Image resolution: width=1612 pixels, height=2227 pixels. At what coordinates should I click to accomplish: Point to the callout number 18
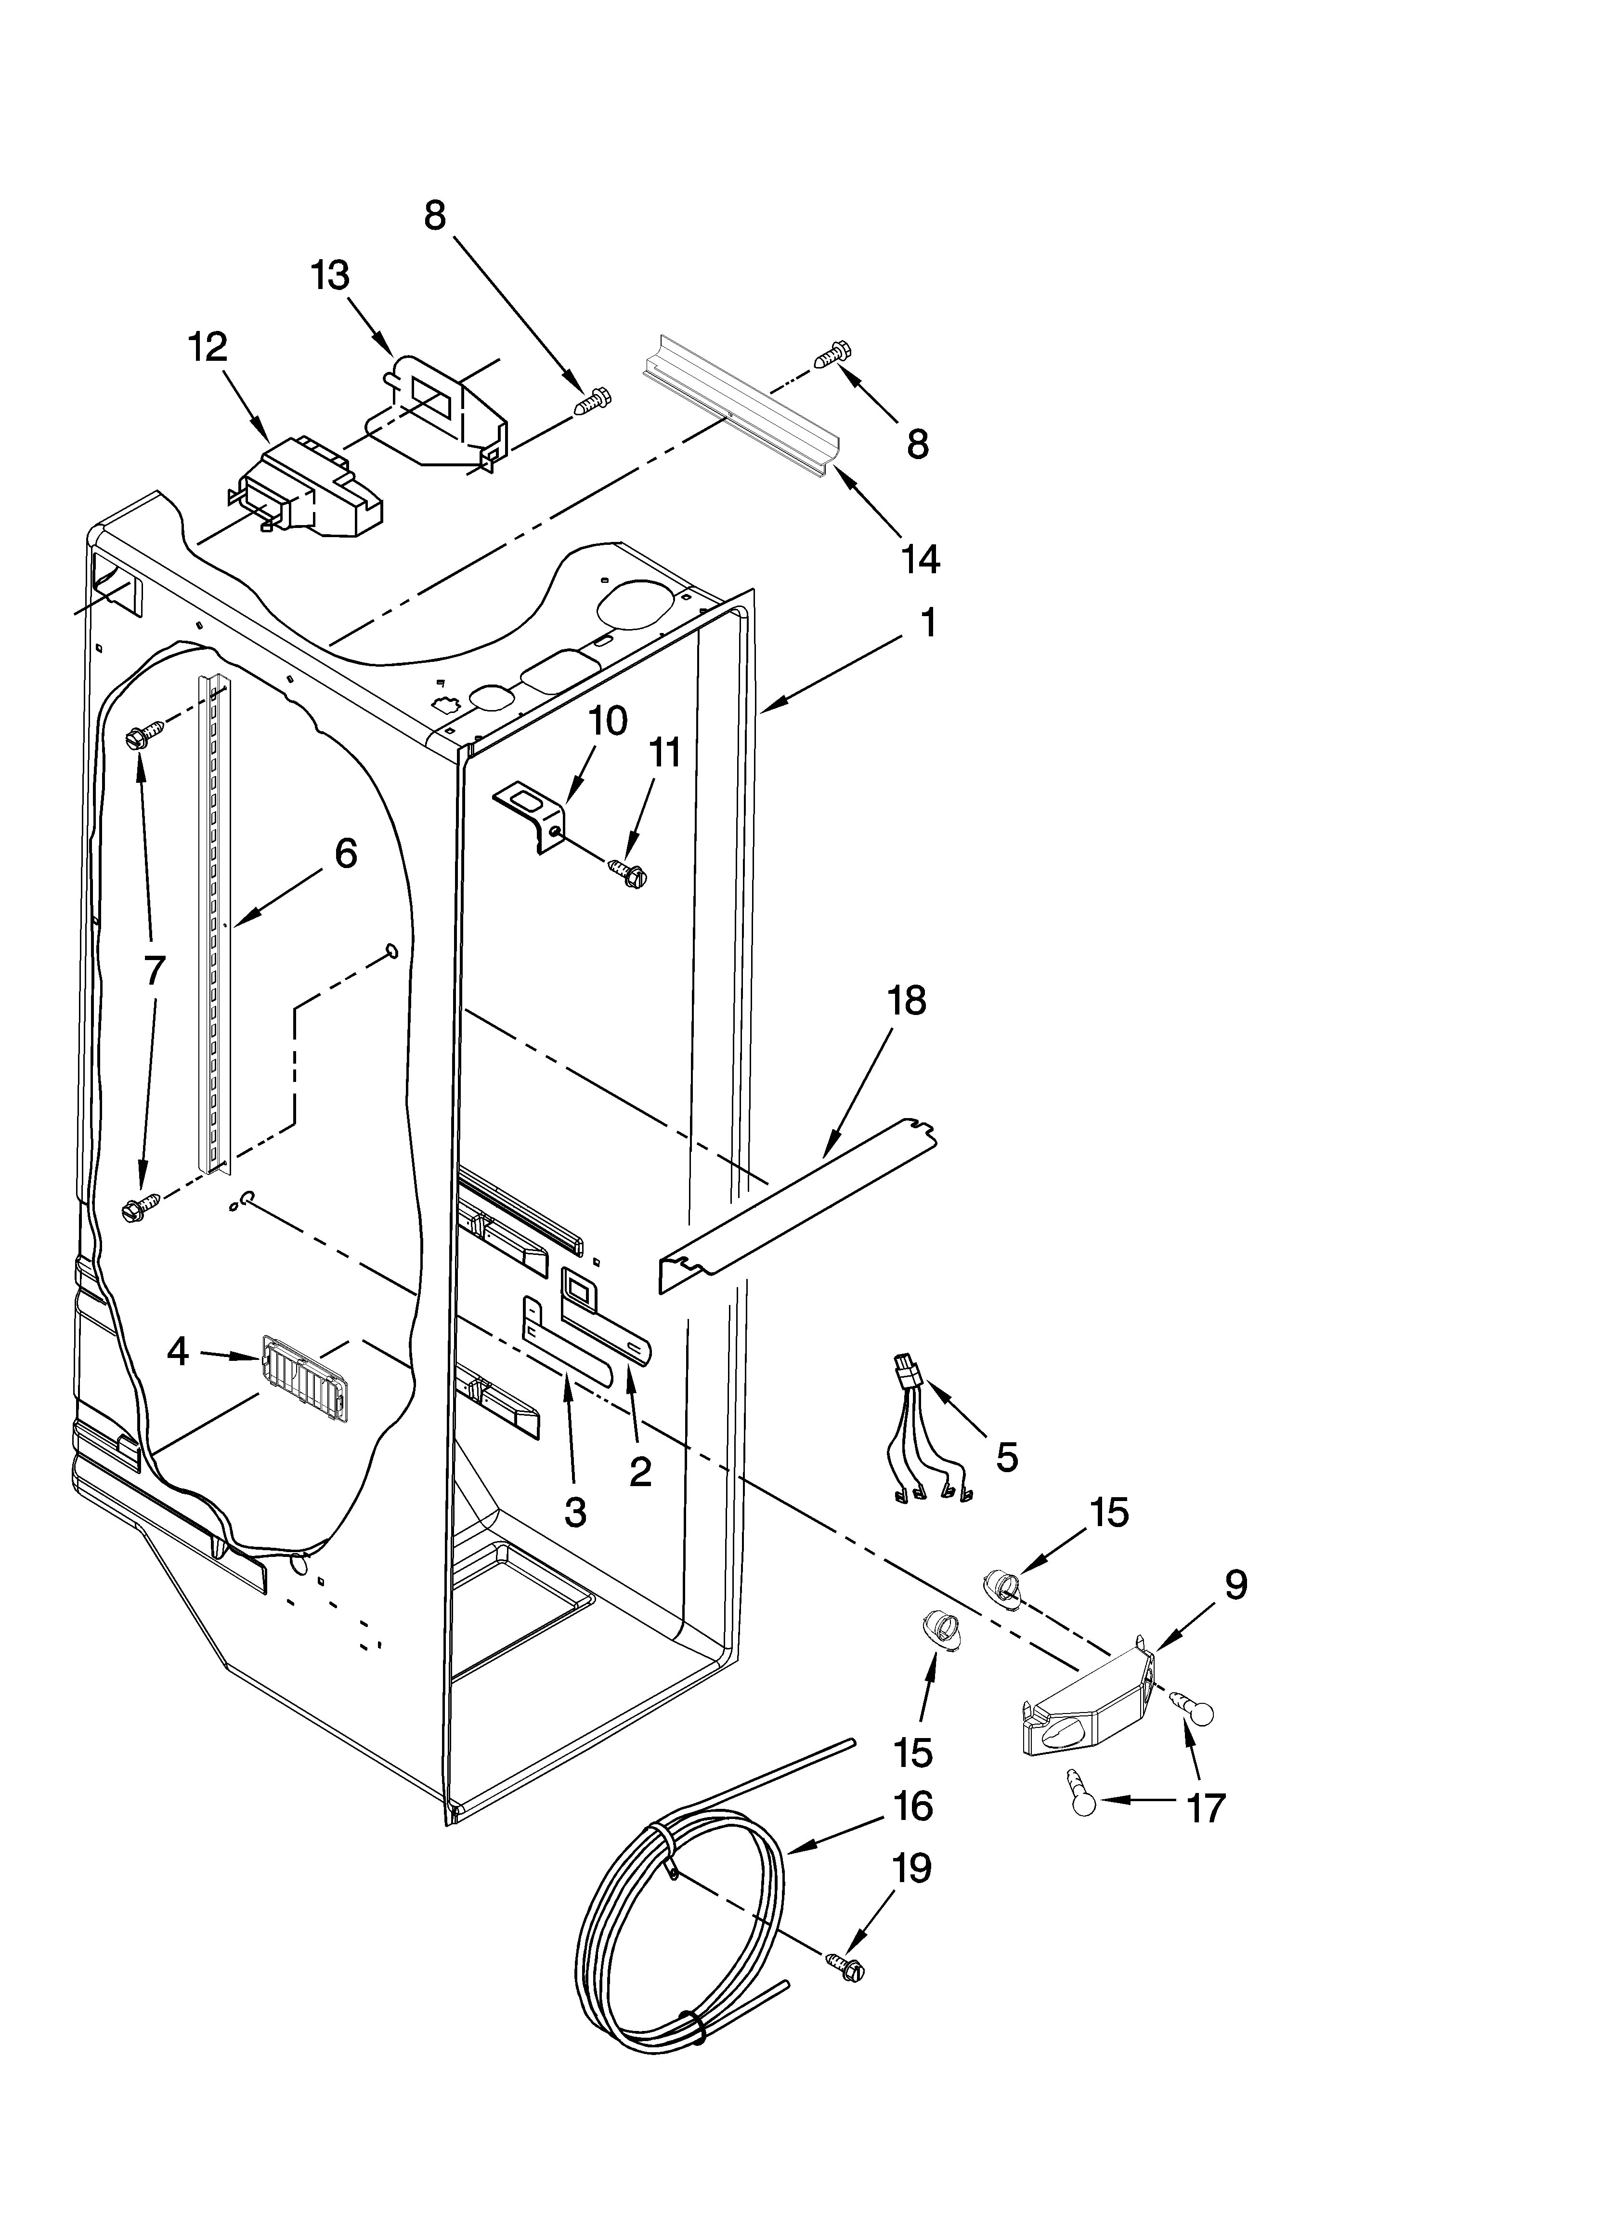pyautogui.click(x=906, y=1001)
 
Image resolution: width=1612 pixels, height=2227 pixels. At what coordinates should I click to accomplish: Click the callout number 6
pyautogui.click(x=346, y=853)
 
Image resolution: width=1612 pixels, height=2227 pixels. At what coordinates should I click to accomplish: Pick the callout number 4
pyautogui.click(x=177, y=1352)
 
